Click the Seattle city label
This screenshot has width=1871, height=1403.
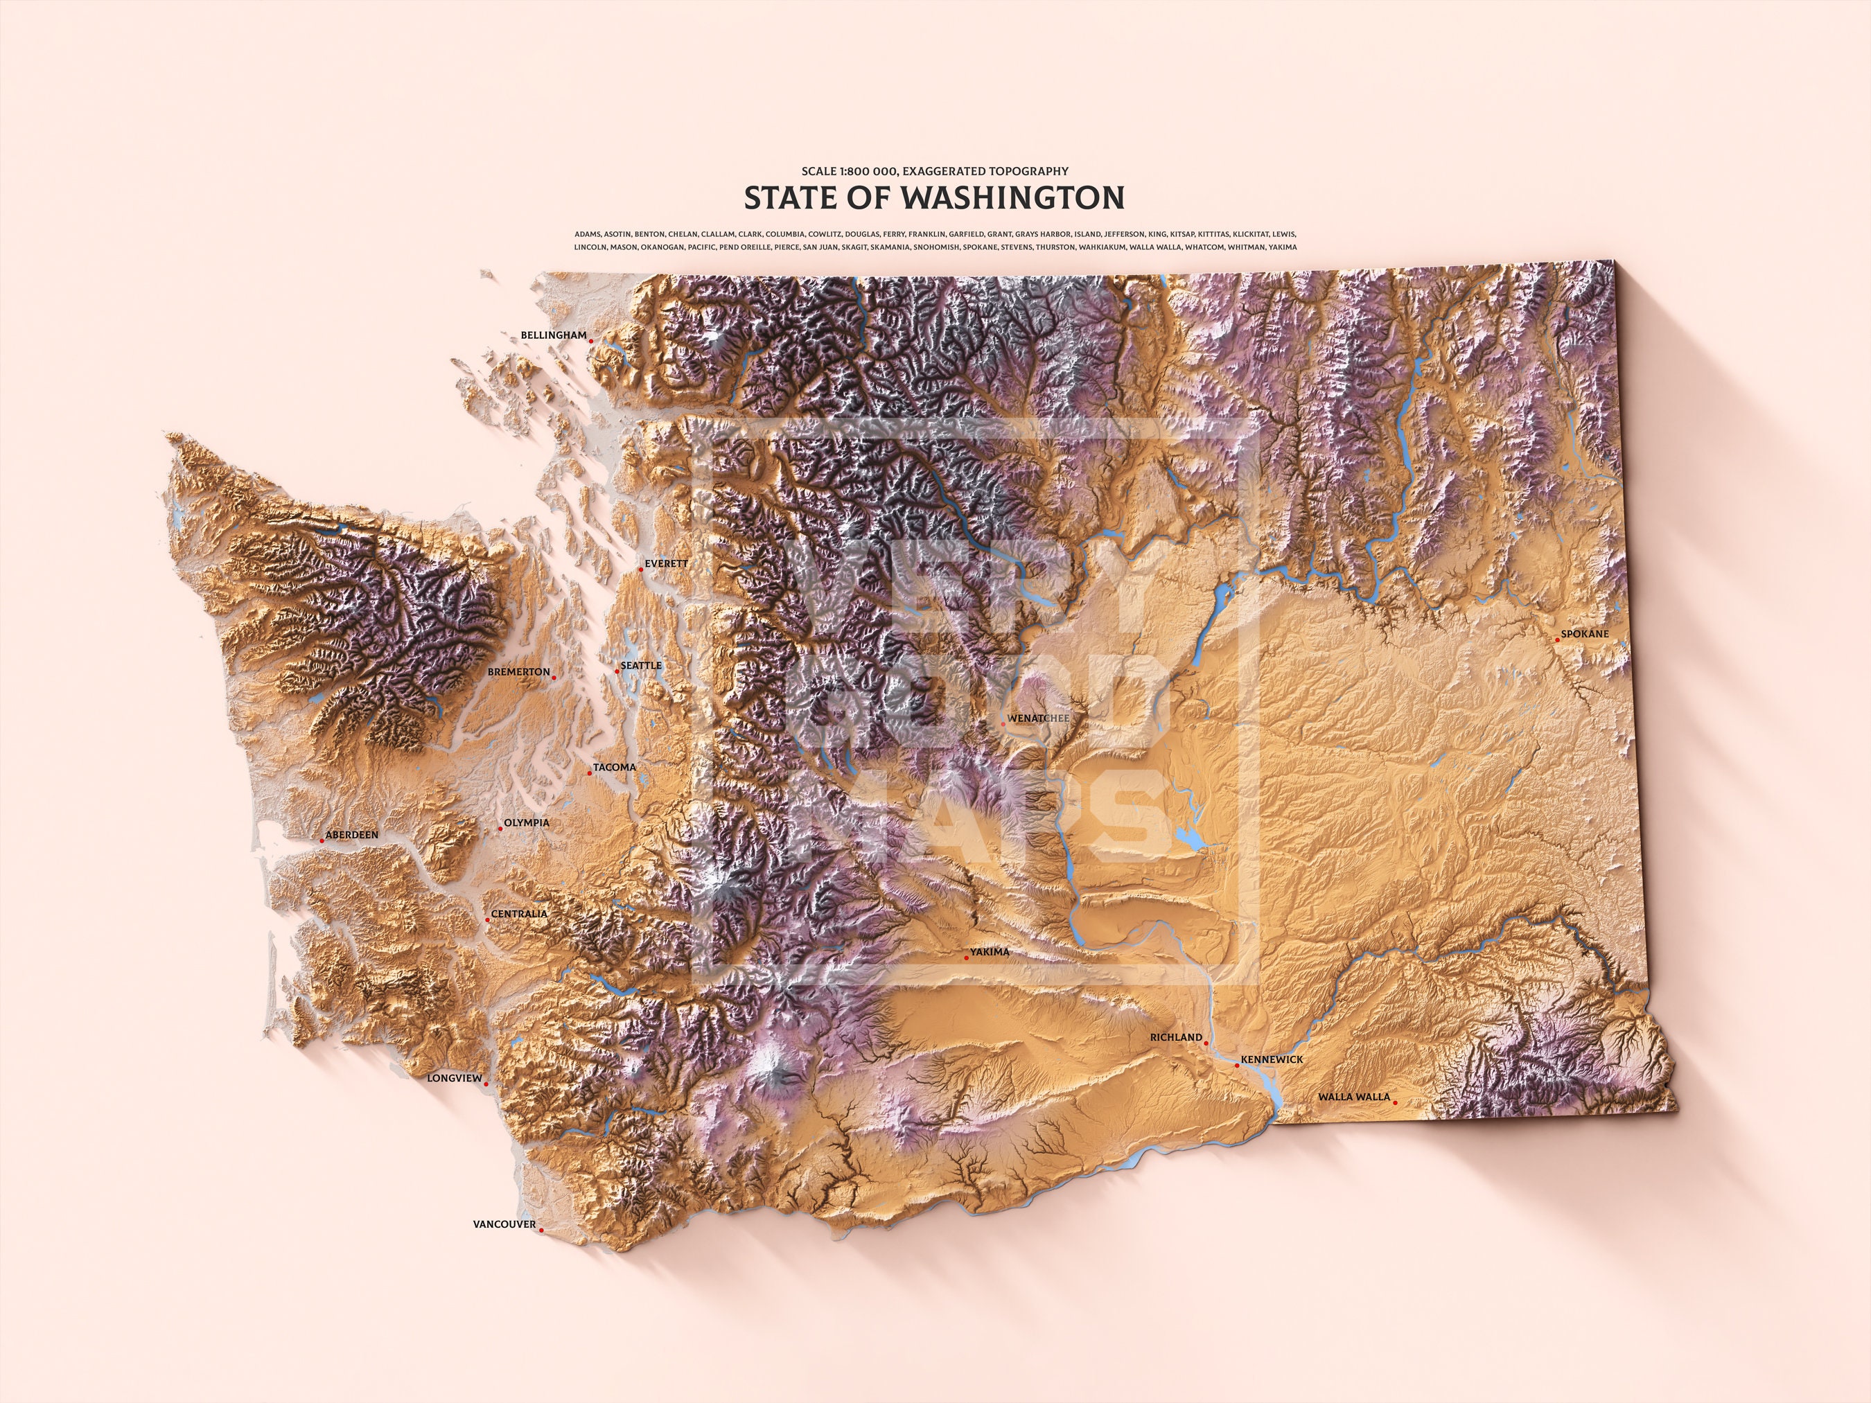[641, 666]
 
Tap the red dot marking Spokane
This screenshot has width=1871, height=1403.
[1557, 639]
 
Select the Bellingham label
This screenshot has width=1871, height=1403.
[553, 336]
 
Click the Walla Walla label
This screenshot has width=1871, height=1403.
[1353, 1097]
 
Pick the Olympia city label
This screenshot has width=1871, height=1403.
[526, 823]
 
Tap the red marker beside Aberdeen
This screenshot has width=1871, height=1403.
[322, 840]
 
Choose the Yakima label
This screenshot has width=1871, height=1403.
[990, 952]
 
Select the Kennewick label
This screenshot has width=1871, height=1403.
[1272, 1059]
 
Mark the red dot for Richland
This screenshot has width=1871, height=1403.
[1206, 1043]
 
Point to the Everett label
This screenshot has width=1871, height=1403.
[667, 563]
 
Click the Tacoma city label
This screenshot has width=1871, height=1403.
[614, 767]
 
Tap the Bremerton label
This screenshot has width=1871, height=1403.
[518, 672]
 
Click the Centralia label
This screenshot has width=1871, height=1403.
[519, 913]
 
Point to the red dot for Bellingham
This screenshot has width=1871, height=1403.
[591, 342]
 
